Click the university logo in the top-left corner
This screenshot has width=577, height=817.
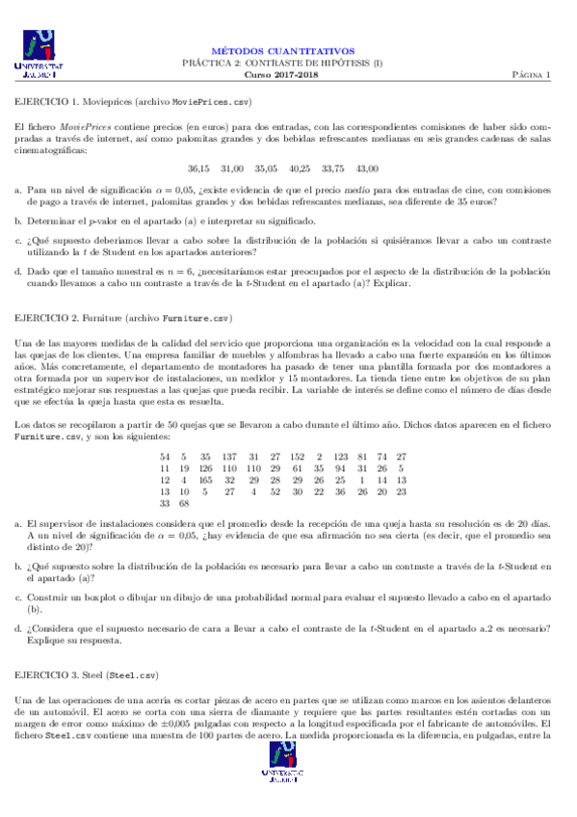coord(37,54)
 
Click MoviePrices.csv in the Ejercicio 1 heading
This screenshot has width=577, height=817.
coord(211,100)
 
